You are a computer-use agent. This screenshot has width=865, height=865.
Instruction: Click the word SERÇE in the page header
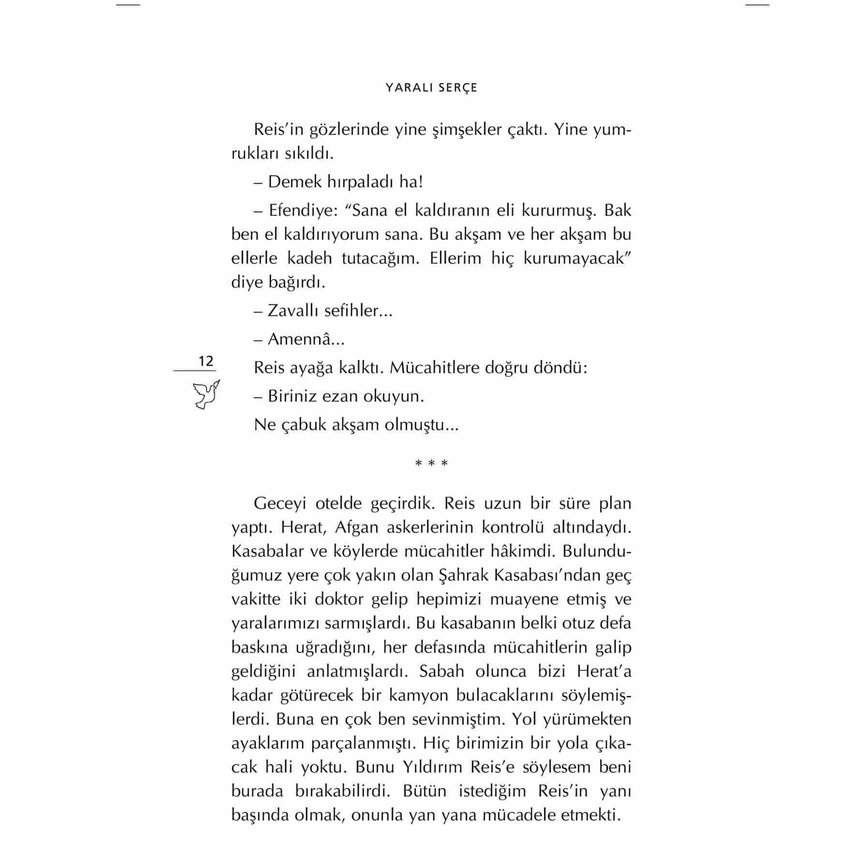coord(457,88)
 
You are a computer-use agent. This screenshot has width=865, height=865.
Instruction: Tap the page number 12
coord(206,361)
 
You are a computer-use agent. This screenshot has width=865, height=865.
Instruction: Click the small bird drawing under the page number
coord(206,394)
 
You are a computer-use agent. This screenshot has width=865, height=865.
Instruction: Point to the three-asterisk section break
coord(432,463)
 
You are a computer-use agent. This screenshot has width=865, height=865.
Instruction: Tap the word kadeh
coord(310,258)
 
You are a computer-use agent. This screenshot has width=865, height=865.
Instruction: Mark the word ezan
coord(341,396)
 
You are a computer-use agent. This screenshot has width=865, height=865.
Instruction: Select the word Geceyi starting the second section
coord(280,503)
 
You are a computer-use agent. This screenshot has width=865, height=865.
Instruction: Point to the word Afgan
coord(357,527)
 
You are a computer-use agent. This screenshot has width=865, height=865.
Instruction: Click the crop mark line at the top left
coord(128,5)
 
